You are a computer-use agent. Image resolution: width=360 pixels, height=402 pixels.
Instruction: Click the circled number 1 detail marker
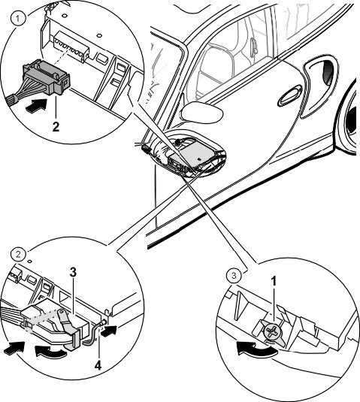pyautogui.click(x=17, y=19)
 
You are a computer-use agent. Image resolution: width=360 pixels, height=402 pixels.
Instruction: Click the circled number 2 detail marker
pyautogui.click(x=19, y=255)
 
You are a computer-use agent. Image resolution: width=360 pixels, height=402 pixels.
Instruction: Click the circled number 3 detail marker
pyautogui.click(x=234, y=276)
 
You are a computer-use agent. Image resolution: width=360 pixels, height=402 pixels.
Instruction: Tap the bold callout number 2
pyautogui.click(x=56, y=126)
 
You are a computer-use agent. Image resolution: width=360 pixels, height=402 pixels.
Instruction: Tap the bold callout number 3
pyautogui.click(x=74, y=272)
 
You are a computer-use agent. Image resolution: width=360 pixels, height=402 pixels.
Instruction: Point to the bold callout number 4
pyautogui.click(x=98, y=365)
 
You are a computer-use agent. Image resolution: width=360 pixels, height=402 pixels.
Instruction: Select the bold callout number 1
pyautogui.click(x=274, y=281)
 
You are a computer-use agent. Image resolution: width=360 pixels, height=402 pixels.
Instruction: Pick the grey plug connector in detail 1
pyautogui.click(x=46, y=77)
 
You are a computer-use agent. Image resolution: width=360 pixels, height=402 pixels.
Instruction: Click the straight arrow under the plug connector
pyautogui.click(x=36, y=106)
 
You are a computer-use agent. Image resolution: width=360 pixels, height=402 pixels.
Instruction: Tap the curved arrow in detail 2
pyautogui.click(x=50, y=351)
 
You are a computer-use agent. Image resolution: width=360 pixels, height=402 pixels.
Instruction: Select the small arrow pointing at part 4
pyautogui.click(x=109, y=331)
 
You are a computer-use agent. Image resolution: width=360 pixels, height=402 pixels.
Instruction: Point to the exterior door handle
pyautogui.click(x=291, y=95)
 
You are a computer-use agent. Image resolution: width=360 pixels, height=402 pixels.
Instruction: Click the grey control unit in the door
pyautogui.click(x=195, y=155)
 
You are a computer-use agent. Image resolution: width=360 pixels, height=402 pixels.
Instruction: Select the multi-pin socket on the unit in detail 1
pyautogui.click(x=70, y=47)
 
